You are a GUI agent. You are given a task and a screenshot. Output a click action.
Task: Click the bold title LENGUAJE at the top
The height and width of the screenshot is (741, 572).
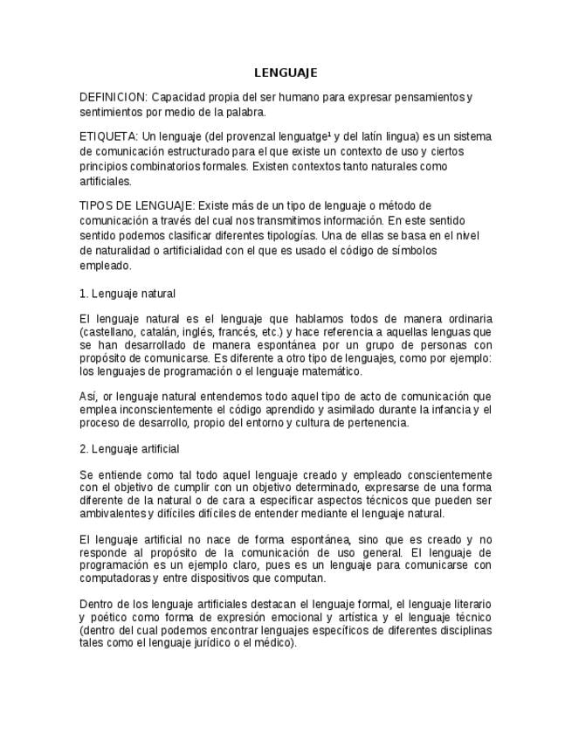tap(286, 73)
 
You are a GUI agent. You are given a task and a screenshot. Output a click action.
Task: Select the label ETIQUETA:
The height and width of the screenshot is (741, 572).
tap(108, 137)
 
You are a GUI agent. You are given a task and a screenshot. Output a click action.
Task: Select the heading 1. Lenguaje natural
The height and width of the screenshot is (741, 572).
tap(127, 294)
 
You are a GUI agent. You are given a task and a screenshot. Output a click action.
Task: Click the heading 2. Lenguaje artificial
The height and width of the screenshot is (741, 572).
tap(129, 449)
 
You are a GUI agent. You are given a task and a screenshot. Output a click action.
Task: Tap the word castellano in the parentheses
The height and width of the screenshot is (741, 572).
tap(108, 333)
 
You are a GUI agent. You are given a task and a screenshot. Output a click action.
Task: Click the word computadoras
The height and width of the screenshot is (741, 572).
tap(114, 578)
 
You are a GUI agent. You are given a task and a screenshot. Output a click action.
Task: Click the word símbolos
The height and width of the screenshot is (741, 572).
tap(411, 251)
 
